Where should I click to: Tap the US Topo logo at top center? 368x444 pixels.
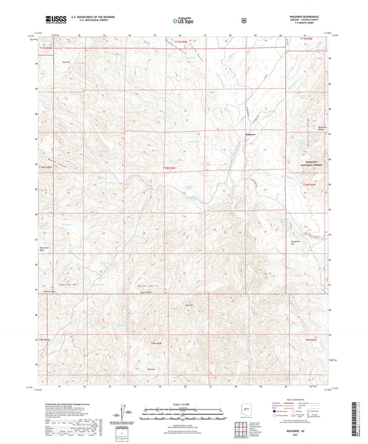point(182,21)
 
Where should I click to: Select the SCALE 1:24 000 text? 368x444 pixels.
point(184,405)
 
